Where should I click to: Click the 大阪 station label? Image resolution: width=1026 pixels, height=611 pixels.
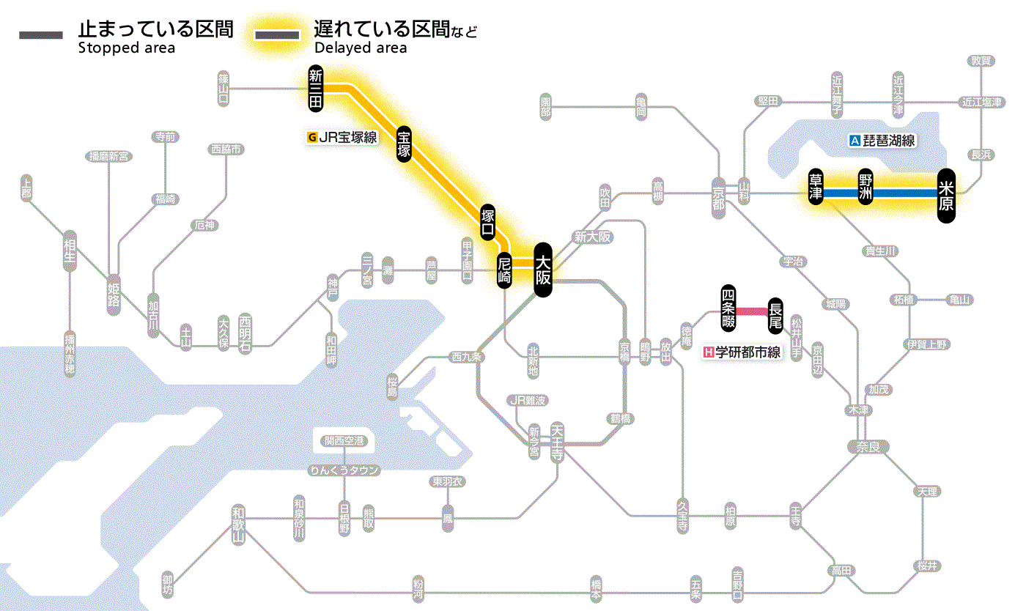542,270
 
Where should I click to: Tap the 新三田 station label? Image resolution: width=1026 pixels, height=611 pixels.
316,89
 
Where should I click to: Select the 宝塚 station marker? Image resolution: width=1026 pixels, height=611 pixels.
404,144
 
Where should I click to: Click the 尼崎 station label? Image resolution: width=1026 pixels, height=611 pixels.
504,271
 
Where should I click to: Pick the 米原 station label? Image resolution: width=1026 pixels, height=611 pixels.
946,195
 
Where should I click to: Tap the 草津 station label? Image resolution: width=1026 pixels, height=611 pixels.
816,188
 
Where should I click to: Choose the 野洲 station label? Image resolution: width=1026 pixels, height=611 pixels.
866,188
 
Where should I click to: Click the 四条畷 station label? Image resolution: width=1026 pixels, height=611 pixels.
728,306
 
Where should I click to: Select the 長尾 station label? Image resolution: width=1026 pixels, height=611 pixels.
775,314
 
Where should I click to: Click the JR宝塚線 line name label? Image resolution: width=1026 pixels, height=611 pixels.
342,136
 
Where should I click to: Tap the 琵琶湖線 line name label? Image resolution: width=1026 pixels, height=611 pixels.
882,141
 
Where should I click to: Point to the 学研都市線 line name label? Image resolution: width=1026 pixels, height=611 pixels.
742,352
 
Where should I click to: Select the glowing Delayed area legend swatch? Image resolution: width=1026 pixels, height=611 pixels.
278,35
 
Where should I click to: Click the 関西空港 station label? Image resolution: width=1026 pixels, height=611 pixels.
344,441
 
